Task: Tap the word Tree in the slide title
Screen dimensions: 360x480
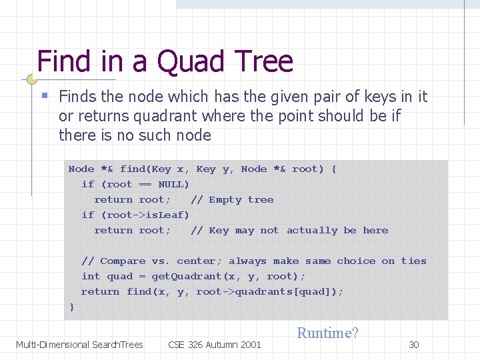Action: pyautogui.click(x=263, y=61)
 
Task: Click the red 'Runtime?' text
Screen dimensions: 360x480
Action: pyautogui.click(x=327, y=333)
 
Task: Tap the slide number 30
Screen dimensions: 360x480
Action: pyautogui.click(x=414, y=345)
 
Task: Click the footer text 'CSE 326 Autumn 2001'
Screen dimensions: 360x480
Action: pyautogui.click(x=215, y=345)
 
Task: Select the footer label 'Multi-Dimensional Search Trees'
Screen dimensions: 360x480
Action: pyautogui.click(x=79, y=345)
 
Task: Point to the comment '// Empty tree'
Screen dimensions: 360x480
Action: pyautogui.click(x=232, y=199)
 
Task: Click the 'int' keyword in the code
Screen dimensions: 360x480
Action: pyautogui.click(x=91, y=276)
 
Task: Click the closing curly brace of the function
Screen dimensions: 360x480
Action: pyautogui.click(x=72, y=307)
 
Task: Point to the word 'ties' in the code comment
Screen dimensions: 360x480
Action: pyautogui.click(x=413, y=261)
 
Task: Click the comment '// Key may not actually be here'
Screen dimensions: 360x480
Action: pyautogui.click(x=289, y=230)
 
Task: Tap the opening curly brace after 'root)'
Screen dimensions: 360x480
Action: pyautogui.click(x=333, y=169)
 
